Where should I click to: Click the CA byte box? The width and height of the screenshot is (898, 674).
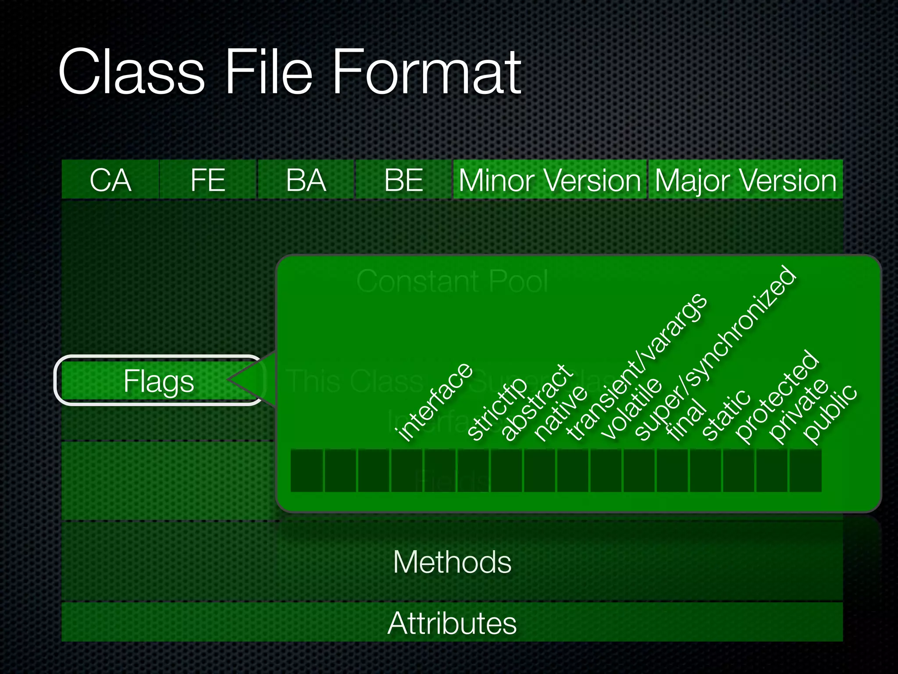[110, 180]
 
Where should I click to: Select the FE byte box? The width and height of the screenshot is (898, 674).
[208, 180]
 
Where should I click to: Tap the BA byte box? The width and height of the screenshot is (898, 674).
[306, 180]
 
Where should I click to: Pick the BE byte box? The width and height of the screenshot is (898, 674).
[403, 180]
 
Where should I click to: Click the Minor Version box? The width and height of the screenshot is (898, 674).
[550, 180]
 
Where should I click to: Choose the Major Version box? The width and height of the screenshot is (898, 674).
[745, 180]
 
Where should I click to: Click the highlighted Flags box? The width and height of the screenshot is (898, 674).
[159, 380]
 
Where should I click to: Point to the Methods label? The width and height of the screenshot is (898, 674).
[452, 562]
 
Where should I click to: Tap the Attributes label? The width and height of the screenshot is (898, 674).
[452, 623]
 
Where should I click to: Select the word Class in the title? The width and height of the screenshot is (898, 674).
[132, 72]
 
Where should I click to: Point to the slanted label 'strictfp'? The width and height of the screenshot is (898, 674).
[497, 409]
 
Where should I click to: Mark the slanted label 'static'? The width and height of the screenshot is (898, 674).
[726, 415]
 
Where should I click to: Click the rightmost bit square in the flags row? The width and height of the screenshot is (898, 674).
[805, 470]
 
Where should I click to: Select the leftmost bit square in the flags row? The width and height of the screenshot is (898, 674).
[306, 470]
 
